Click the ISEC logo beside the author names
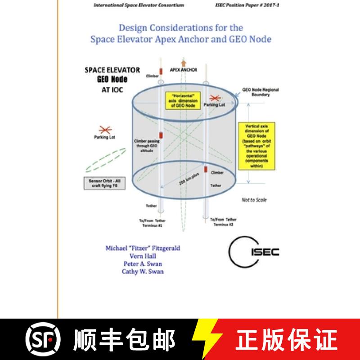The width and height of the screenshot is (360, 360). [254, 251]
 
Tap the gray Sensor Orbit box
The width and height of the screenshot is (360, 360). [101, 183]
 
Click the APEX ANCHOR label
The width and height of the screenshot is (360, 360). [184, 70]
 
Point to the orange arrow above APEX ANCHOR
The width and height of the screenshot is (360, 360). [183, 63]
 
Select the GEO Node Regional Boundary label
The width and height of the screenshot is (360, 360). [260, 92]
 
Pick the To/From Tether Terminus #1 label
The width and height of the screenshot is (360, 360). [151, 223]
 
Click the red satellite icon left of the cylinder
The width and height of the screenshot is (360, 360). [105, 130]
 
